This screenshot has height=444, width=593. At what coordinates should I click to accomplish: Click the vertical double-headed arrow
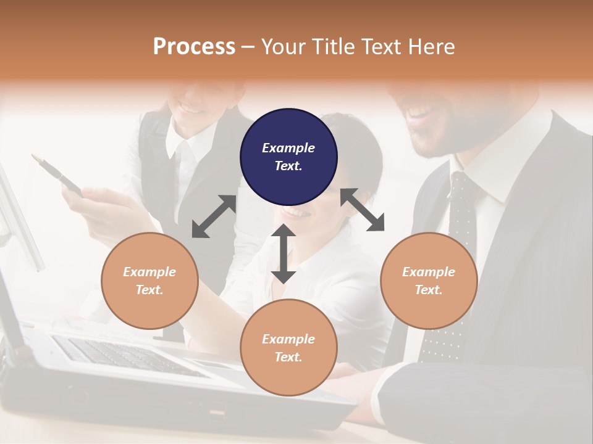284,253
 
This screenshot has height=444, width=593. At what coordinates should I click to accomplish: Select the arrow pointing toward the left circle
214,216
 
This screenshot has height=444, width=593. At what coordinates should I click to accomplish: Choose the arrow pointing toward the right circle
363,210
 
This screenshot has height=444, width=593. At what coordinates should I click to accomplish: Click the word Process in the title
194,47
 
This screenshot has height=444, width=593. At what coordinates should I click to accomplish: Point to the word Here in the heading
432,47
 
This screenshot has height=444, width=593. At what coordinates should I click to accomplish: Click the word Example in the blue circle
288,148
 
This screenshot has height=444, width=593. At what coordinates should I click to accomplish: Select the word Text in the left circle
149,290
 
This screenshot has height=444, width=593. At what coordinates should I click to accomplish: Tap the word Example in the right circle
429,272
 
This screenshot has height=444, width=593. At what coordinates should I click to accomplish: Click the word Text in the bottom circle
288,357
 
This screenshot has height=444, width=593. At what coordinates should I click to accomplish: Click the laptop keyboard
124,355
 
